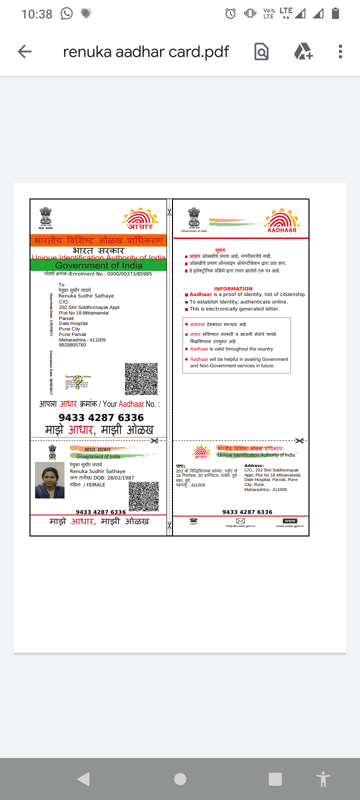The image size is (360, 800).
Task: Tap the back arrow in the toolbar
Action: (x=24, y=51)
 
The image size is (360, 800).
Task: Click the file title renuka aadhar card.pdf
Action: (x=146, y=51)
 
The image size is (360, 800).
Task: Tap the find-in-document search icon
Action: (x=261, y=51)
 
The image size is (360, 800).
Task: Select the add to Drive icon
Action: (x=303, y=51)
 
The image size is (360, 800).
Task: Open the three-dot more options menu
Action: (x=340, y=51)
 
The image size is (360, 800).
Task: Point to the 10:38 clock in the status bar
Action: (x=36, y=14)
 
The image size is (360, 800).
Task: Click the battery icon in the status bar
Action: (x=335, y=13)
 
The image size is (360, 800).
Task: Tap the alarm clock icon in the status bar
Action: (x=230, y=13)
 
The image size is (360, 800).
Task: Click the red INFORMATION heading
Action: (x=233, y=288)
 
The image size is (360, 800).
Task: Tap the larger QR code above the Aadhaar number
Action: (x=141, y=378)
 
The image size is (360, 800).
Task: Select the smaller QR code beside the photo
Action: (x=144, y=496)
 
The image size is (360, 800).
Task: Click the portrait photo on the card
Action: (x=49, y=480)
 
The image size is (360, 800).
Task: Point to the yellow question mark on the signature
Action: (x=77, y=381)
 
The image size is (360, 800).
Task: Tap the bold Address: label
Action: (x=254, y=465)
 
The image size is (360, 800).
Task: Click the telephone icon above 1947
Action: (x=193, y=520)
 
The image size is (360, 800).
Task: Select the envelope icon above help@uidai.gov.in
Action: (x=240, y=521)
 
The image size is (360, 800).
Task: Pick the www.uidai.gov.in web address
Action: (x=290, y=526)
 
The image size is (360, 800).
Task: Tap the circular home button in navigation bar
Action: (x=180, y=779)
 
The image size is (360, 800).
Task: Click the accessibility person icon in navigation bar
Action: (x=323, y=779)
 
